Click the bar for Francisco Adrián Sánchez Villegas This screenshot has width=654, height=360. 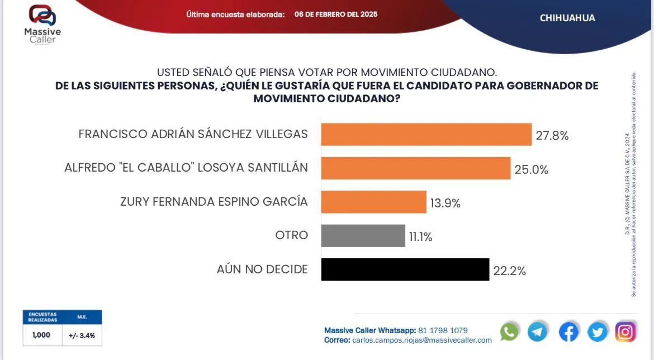coord(426,135)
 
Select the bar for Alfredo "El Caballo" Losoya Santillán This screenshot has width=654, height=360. coord(415,168)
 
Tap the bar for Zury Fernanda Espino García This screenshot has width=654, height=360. coord(373,202)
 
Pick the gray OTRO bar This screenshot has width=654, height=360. coord(363,235)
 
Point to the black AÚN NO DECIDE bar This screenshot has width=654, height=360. coord(405,269)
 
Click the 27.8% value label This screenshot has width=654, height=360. coord(552,135)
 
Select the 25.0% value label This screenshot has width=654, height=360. coord(531,169)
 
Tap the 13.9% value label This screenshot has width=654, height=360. coord(445,203)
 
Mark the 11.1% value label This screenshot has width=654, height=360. coord(420,237)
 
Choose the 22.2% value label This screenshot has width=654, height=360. coord(509,271)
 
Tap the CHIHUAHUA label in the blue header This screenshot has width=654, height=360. coord(567,18)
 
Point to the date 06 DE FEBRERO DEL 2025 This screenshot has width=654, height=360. coord(336,14)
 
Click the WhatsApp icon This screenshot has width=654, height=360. coord(509,332)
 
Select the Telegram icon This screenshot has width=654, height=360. coord(538,332)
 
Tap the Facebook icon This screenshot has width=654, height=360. coord(568,332)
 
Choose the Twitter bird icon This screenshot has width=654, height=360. coord(597,332)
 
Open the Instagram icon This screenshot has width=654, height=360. coord(625,332)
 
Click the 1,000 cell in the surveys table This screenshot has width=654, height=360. coord(41,335)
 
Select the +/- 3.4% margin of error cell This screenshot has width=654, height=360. coord(82,336)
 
